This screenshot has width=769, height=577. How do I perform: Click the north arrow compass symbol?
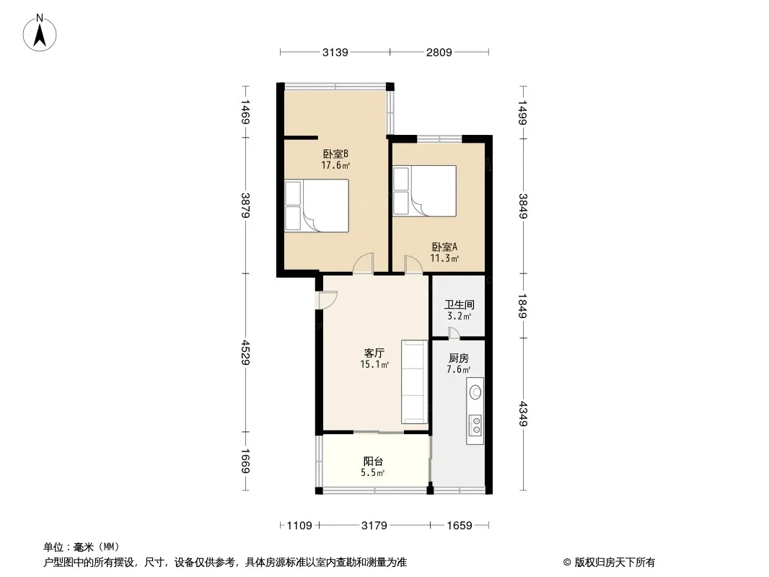(40, 33)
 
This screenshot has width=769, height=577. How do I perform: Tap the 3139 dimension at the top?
(335, 52)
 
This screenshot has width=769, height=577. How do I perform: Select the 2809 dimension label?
(439, 52)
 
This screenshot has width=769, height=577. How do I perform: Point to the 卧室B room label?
(335, 154)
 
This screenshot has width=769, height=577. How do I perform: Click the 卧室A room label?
(444, 247)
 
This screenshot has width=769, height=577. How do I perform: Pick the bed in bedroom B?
(317, 206)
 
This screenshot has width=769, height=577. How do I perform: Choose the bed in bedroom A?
(425, 190)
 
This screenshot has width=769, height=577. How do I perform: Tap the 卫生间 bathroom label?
(459, 304)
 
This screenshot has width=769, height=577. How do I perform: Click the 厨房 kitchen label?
(459, 358)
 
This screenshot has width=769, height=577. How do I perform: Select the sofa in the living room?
(414, 382)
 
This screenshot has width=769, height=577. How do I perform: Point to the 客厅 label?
(374, 353)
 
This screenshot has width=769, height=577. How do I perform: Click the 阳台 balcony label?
(373, 462)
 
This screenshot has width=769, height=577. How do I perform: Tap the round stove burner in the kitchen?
(475, 392)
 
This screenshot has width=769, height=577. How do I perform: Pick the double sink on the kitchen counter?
(475, 425)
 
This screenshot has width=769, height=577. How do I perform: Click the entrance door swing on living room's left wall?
(327, 300)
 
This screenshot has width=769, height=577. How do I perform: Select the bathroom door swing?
(454, 333)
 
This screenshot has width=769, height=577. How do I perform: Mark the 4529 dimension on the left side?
(245, 353)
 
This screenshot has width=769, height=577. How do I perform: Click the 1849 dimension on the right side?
(523, 306)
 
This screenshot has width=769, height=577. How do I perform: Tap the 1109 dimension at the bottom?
(299, 526)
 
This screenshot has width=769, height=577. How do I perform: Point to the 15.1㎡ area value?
(374, 364)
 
